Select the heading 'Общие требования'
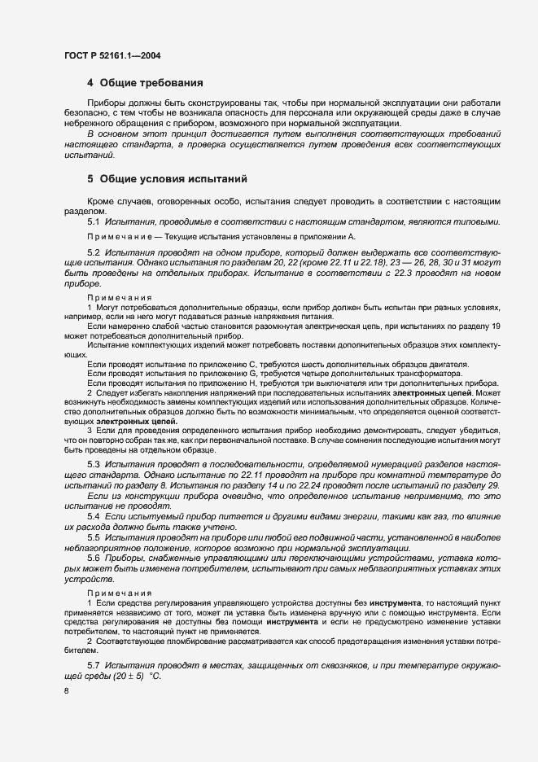(151, 83)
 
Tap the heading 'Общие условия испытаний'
(167, 178)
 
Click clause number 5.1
(93, 221)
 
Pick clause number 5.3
(93, 462)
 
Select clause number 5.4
(93, 516)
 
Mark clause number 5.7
(93, 665)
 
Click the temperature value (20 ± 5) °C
(130, 677)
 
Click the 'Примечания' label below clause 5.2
(113, 298)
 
